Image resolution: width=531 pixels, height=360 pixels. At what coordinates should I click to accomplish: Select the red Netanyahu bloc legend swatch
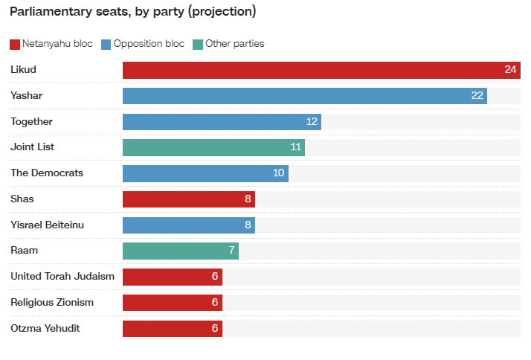[15, 45]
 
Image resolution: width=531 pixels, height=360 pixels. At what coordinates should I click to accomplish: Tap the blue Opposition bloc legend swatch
[106, 45]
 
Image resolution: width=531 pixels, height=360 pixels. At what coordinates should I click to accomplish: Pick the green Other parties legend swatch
[198, 45]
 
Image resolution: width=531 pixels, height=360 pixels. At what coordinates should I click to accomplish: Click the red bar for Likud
[321, 70]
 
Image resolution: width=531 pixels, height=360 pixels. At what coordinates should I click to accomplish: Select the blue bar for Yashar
[305, 96]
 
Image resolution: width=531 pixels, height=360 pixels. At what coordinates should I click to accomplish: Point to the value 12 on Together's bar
[312, 121]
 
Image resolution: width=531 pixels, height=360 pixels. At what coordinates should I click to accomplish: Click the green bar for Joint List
[213, 148]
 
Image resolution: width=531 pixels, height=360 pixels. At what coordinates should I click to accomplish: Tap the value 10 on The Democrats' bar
[278, 173]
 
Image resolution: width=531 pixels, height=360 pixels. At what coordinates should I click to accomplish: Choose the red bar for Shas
[189, 199]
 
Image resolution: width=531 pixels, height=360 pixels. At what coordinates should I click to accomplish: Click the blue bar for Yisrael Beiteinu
[189, 225]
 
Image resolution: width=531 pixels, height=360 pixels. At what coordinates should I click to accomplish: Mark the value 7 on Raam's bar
[231, 250]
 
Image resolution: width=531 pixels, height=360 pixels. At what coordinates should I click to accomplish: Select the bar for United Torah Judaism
[173, 277]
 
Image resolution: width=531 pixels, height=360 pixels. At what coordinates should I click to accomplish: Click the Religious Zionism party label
[52, 303]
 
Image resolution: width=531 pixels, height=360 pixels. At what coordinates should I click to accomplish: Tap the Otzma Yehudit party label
[45, 329]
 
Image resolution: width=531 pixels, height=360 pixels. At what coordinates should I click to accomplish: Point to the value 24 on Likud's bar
[510, 69]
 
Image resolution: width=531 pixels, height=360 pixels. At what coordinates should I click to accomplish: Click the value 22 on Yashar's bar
[477, 95]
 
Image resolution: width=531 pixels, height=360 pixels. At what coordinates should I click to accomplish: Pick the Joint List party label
[32, 147]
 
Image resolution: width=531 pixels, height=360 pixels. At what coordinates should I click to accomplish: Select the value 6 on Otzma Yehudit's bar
[215, 328]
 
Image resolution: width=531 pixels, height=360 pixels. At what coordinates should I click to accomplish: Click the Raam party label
[24, 251]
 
